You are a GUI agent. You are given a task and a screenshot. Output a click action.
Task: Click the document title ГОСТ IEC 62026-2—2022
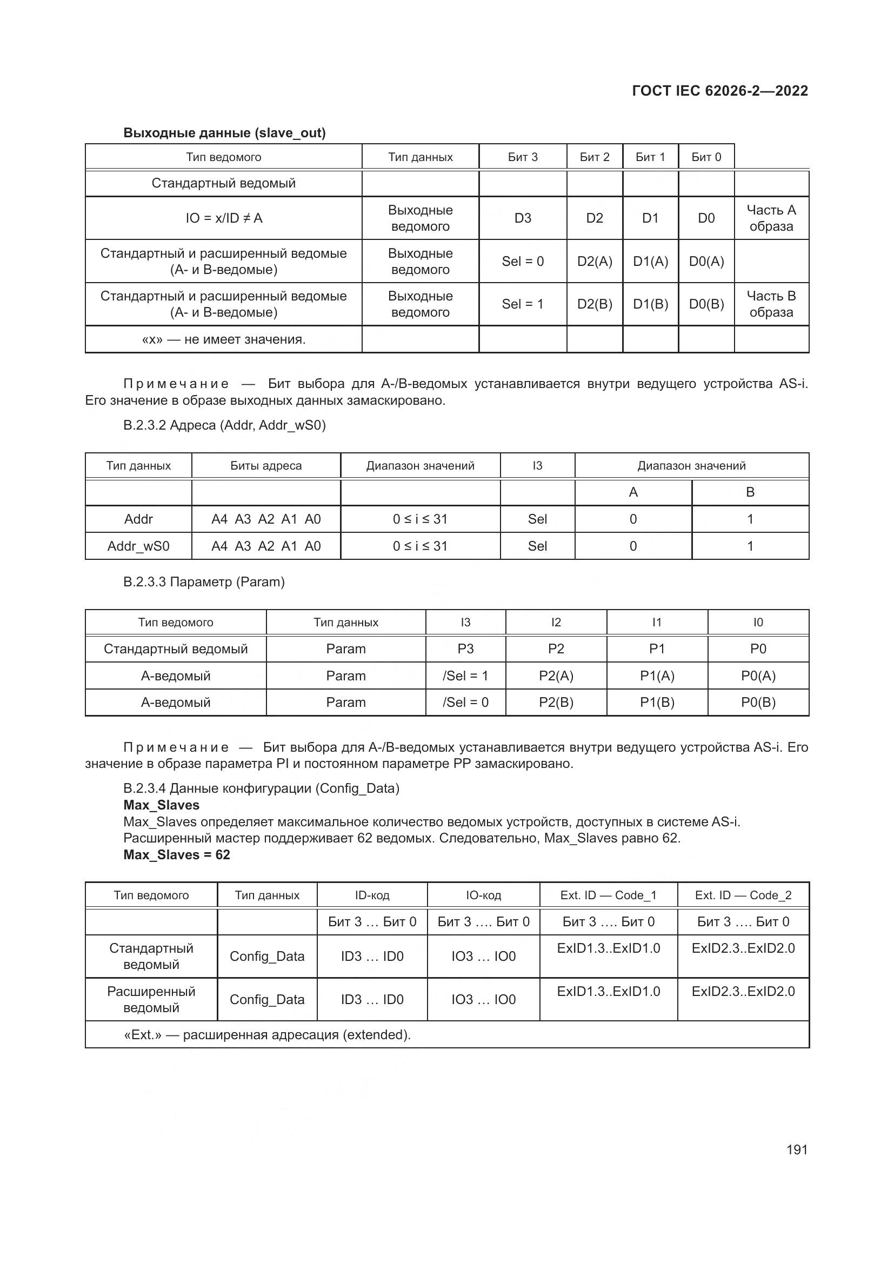[x=719, y=91]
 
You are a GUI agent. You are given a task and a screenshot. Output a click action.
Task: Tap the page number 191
[x=797, y=1149]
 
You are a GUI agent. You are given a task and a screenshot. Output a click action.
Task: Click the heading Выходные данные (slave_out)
[x=225, y=133]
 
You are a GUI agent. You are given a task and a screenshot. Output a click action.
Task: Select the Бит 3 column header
[x=523, y=157]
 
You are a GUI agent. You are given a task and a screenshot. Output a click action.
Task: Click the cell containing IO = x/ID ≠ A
[x=224, y=218]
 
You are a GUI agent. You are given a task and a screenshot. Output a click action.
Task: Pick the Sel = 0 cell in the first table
[x=523, y=261]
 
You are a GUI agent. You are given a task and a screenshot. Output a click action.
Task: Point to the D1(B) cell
[x=650, y=304]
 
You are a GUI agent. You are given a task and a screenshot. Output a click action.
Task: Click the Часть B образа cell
[x=771, y=304]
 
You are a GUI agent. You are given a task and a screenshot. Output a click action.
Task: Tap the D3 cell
[x=523, y=218]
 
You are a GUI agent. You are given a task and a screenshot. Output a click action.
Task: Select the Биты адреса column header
[x=266, y=466]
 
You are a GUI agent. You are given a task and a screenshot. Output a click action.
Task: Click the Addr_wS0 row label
[x=138, y=546]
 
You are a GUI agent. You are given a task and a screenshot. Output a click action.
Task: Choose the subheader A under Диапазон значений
[x=633, y=492]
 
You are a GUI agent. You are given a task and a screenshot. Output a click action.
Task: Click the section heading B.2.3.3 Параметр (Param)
[x=204, y=582]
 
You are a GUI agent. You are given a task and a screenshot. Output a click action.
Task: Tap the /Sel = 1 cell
[x=465, y=676]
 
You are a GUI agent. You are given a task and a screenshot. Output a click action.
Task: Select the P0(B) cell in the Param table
[x=758, y=703]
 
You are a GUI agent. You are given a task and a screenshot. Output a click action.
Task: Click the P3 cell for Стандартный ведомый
[x=465, y=648]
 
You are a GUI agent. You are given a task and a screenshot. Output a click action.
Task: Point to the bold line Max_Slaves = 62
[x=177, y=854]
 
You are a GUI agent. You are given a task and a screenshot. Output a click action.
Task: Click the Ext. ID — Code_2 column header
[x=743, y=895]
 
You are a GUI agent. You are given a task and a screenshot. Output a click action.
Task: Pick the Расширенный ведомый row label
[x=151, y=999]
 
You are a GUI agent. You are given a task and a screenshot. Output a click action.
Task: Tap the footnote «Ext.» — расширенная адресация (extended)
[x=268, y=1034]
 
